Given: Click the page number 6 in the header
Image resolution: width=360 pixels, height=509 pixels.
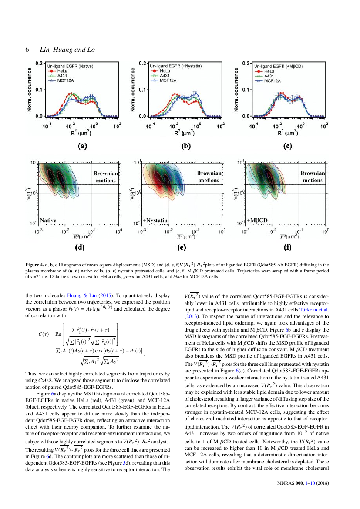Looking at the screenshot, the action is pos(27,50).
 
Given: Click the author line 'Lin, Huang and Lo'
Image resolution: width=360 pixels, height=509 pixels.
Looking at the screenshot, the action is pos(67,50).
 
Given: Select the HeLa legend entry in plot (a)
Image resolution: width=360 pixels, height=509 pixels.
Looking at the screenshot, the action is pos(57,71).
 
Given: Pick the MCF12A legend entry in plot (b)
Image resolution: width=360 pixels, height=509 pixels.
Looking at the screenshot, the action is pos(163,80).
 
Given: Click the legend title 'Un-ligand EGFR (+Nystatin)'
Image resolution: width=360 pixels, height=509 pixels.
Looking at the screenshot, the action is pos(176,66).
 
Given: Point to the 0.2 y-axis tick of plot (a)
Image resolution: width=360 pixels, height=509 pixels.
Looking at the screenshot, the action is pos(39,63).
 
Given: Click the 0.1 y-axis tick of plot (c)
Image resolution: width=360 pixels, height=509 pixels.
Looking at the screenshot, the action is pos(246,90).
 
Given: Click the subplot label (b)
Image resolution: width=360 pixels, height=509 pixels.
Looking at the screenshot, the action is pos(186,146).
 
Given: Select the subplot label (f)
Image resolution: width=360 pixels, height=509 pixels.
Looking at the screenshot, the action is pos(288,248).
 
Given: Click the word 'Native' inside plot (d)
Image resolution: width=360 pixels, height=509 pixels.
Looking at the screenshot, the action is pos(48,221).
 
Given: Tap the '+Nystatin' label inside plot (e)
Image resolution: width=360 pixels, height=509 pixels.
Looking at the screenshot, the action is pos(155,221).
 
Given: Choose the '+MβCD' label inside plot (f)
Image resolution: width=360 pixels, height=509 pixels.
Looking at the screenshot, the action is pos(257,221).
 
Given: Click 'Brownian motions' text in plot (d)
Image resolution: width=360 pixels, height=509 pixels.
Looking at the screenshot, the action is pos(106,177).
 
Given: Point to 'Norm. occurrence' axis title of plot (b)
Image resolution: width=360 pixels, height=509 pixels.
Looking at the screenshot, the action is pos(133,90).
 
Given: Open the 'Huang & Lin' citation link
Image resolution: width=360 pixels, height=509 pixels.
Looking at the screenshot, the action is pos(82,295).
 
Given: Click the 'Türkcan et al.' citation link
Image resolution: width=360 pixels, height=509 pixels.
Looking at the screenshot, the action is pos(314,310).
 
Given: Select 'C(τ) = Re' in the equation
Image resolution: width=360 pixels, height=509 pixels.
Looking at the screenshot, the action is pos(50,334).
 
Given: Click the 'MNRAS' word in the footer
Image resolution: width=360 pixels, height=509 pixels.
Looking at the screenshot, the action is pos(286,483).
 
